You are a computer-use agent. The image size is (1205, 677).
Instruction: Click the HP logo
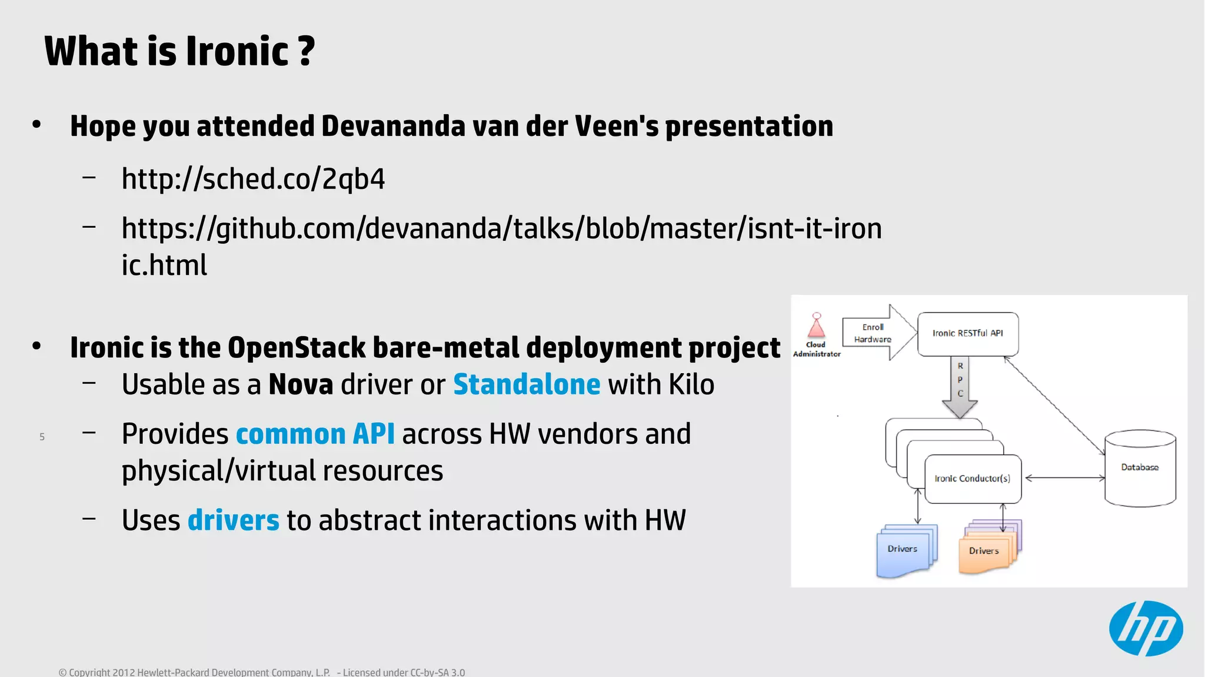[x=1146, y=628]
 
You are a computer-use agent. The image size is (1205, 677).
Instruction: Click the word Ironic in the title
[x=237, y=51]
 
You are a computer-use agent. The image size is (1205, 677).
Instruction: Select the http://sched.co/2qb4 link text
[x=253, y=179]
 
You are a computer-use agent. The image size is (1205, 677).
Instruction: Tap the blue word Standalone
[x=527, y=385]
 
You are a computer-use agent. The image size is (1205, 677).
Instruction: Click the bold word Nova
[x=301, y=385]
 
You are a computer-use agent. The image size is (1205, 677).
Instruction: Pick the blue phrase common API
[x=315, y=434]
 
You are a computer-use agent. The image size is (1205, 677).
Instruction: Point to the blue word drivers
[x=233, y=520]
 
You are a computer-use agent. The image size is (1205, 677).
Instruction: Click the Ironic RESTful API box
[x=967, y=334]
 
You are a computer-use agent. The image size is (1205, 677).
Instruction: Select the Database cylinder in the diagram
[x=1140, y=468]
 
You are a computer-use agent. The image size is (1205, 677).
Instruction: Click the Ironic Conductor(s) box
[x=973, y=479]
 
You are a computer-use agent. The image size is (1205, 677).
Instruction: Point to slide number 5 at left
[x=42, y=437]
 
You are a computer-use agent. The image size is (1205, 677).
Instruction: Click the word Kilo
[x=691, y=385]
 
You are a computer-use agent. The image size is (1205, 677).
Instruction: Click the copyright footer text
[x=261, y=672]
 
